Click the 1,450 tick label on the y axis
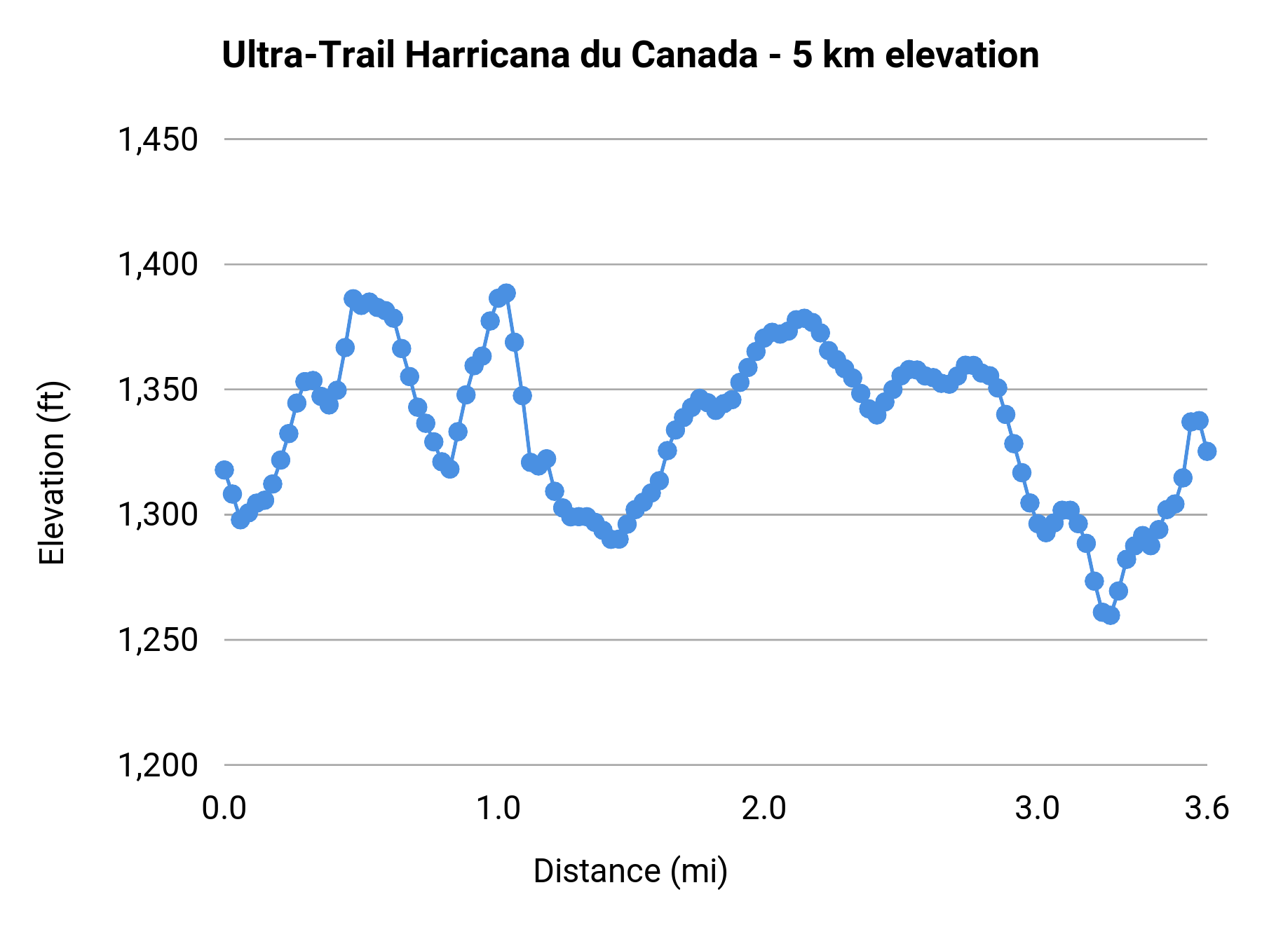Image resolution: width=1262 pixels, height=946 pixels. click(x=158, y=139)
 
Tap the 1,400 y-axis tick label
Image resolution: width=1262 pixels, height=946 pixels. click(x=158, y=265)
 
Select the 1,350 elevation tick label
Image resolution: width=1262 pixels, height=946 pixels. click(x=158, y=390)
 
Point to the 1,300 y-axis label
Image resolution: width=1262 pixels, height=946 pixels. click(x=158, y=515)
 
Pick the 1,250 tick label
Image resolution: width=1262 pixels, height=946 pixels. click(x=158, y=640)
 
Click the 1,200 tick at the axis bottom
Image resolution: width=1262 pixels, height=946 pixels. click(x=158, y=765)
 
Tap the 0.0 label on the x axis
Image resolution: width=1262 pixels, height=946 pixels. click(x=224, y=809)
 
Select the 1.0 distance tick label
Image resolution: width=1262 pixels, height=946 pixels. click(x=498, y=809)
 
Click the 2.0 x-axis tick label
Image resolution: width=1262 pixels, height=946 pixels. click(x=764, y=809)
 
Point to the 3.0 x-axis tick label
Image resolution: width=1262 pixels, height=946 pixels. click(x=1038, y=809)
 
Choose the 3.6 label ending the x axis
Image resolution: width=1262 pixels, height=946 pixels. click(x=1207, y=809)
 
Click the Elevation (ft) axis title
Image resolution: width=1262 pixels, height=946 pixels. click(x=52, y=473)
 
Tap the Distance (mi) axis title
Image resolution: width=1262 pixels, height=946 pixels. click(x=630, y=871)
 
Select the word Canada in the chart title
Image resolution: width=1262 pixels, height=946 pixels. click(x=694, y=55)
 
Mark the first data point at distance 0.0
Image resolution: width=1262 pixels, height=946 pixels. click(x=224, y=469)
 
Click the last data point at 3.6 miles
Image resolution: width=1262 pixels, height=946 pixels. click(x=1207, y=451)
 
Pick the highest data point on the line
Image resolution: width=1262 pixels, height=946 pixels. click(x=507, y=293)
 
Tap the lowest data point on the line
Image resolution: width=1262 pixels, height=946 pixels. click(x=1110, y=615)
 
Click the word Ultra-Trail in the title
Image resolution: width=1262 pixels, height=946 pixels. click(x=308, y=55)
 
